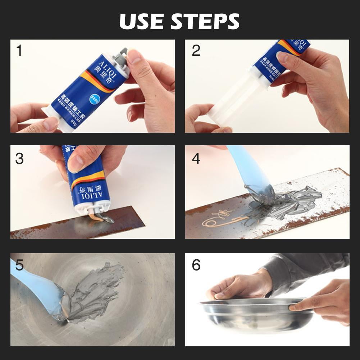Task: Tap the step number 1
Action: (x=19, y=51)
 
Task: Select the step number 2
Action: (x=196, y=51)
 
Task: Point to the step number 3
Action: (x=19, y=158)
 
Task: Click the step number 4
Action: (x=196, y=158)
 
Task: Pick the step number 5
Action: (x=19, y=265)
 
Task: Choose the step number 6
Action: (x=196, y=265)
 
